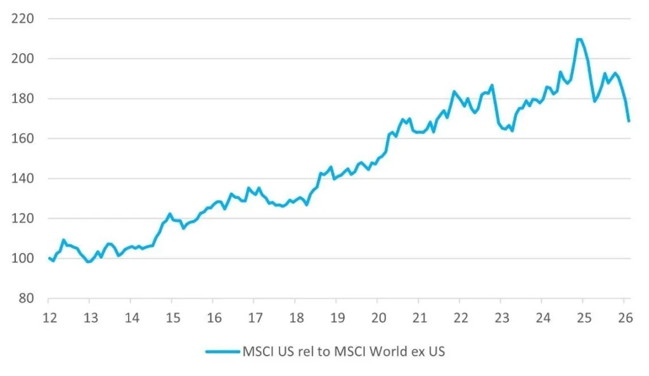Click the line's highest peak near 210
point(579,39)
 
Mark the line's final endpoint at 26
point(629,120)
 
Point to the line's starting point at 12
point(49,257)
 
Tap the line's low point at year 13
point(89,262)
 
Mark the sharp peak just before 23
point(492,85)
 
